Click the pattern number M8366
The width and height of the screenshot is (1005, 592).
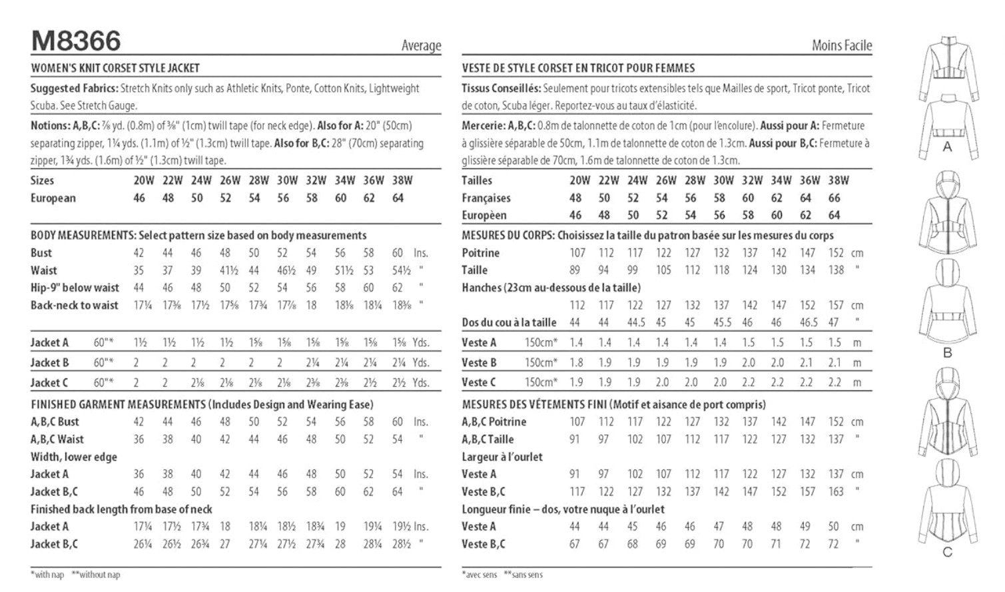76,41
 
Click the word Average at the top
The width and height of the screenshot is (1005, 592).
421,45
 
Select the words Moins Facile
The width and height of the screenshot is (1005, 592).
841,45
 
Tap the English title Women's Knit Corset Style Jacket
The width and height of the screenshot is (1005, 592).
115,68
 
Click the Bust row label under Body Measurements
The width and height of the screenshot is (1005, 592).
41,253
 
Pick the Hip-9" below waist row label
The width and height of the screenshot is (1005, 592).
75,288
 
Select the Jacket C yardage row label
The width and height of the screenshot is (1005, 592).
49,383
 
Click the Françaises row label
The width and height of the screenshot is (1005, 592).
486,198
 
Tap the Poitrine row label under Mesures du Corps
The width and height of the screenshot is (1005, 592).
480,253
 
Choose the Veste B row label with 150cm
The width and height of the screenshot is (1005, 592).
479,363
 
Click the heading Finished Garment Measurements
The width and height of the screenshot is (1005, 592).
118,404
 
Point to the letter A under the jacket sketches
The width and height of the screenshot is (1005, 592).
947,147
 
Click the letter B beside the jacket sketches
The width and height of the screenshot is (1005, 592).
947,353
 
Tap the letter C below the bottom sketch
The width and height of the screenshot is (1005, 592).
947,552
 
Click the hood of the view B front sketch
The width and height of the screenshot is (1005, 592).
946,182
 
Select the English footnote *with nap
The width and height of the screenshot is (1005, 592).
47,575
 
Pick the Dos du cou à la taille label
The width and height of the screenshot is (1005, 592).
509,322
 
